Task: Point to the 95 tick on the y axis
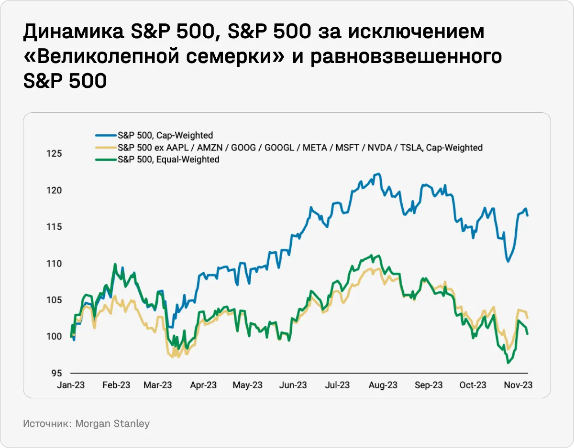coord(57,373)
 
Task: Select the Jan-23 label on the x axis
coord(71,385)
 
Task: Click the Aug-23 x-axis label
coord(384,385)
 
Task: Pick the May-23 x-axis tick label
coord(248,385)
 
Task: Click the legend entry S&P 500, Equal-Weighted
coord(168,160)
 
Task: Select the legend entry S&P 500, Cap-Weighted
coord(165,135)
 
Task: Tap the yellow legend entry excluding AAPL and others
coord(300,148)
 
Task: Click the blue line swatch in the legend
coord(105,135)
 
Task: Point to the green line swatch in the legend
coord(105,160)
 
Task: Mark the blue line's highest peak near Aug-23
coord(378,174)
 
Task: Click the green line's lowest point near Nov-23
coord(508,363)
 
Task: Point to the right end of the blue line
coord(528,215)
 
